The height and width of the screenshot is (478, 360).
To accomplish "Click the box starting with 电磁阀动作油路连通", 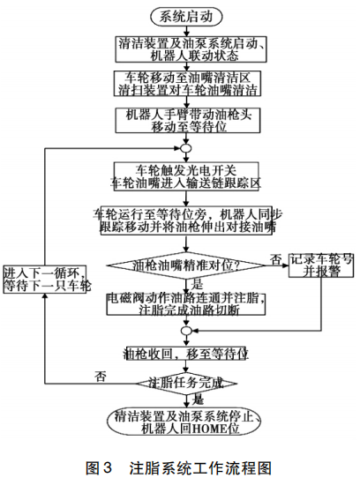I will point(185,304).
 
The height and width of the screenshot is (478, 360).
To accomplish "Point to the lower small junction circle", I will point(185,329).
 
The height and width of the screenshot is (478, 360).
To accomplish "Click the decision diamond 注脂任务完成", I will point(185,384).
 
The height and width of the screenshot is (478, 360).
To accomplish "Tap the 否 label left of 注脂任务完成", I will point(101,377).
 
